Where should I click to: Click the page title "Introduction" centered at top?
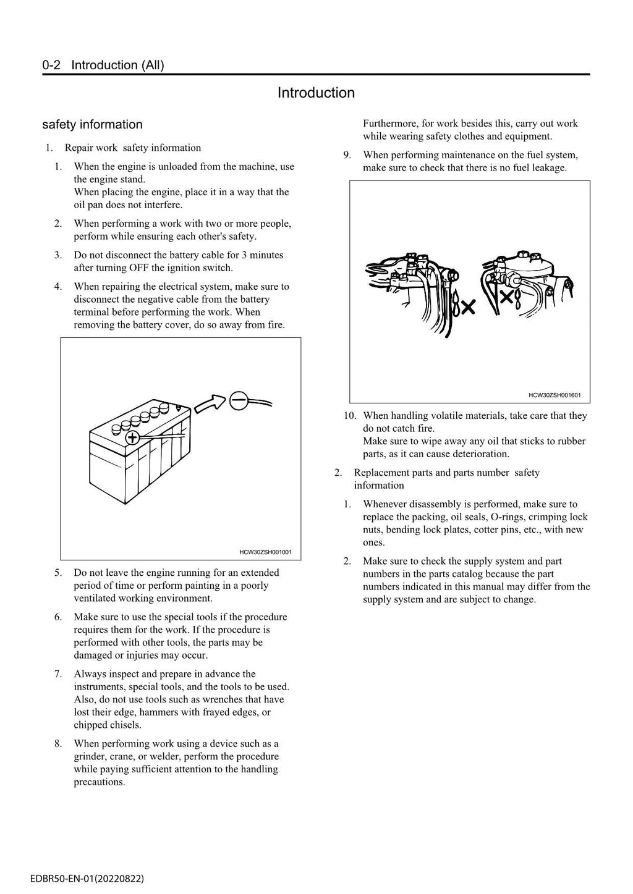coord(316,93)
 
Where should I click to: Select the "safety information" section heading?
coord(92,124)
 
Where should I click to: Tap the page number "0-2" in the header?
coord(51,65)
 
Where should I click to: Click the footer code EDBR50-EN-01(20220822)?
coord(87,878)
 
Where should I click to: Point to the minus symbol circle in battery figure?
coord(239,401)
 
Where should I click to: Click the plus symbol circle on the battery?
coord(132,438)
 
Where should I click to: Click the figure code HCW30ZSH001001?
coord(265,552)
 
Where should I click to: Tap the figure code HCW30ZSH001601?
coord(554,395)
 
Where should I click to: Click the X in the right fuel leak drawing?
coord(506,297)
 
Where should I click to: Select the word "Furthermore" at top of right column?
coord(390,124)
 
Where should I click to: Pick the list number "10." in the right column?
coord(350,416)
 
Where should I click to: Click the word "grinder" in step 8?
coord(89,756)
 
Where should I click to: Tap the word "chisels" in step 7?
coord(125,725)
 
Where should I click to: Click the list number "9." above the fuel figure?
coord(347,155)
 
